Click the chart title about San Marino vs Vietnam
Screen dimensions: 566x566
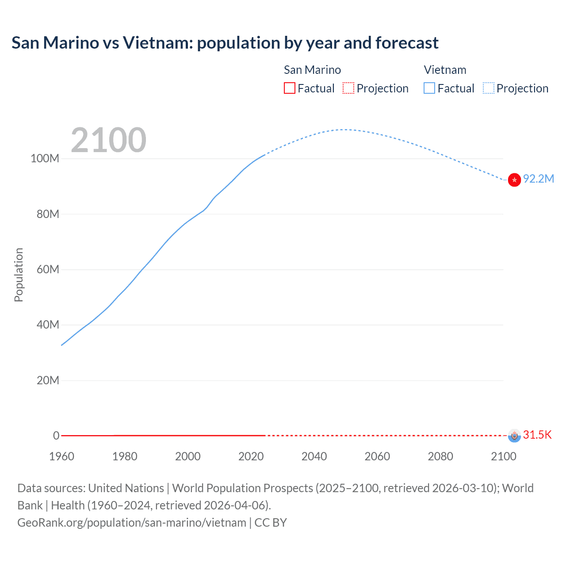point(225,43)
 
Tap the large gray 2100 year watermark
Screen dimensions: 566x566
point(108,140)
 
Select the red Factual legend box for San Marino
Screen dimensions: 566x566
point(289,88)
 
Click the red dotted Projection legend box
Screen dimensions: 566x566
point(348,88)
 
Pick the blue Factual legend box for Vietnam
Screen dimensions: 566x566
point(429,88)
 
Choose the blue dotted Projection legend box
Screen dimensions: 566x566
point(489,88)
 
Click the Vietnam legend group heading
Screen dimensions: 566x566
point(445,70)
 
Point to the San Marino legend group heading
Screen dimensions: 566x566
point(312,70)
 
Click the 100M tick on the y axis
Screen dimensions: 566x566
point(45,159)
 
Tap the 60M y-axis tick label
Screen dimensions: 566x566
point(47,270)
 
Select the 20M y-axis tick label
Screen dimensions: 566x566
point(47,381)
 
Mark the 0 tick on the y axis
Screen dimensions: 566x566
point(56,436)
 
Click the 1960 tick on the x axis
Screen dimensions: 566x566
point(61,456)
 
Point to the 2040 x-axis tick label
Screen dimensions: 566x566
point(314,456)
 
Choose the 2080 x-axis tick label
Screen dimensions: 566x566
point(440,456)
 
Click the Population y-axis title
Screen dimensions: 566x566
point(19,275)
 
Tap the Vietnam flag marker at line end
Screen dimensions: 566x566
point(514,180)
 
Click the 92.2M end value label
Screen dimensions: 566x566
point(538,179)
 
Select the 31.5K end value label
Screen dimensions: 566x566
point(537,435)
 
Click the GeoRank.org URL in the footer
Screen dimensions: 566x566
point(132,523)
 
